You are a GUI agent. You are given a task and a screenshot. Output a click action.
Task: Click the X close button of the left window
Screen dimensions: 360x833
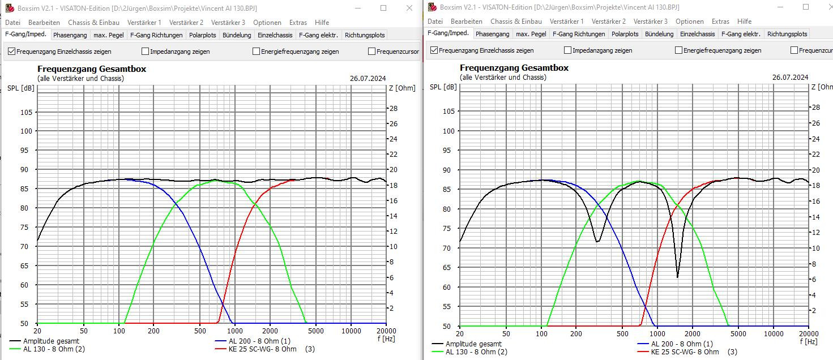pyautogui.click(x=409, y=8)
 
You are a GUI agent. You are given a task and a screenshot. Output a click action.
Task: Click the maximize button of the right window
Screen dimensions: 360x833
pyautogui.click(x=806, y=7)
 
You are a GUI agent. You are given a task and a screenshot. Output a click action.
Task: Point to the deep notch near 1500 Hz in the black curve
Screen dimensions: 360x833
pyautogui.click(x=677, y=276)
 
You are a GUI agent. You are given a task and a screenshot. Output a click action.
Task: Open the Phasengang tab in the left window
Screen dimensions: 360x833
pyautogui.click(x=70, y=35)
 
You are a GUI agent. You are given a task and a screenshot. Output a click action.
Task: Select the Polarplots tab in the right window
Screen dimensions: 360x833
pyautogui.click(x=625, y=34)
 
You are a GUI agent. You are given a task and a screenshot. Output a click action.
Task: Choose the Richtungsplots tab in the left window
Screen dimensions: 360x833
pyautogui.click(x=365, y=35)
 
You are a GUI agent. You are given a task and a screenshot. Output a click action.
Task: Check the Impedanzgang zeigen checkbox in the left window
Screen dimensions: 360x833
pyautogui.click(x=146, y=52)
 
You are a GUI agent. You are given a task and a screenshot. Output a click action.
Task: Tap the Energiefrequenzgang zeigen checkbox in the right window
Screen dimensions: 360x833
pyautogui.click(x=678, y=50)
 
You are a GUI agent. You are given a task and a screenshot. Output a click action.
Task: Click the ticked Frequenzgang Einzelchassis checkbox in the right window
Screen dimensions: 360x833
pyautogui.click(x=434, y=50)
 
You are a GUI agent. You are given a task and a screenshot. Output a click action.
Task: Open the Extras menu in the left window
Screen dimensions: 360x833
pyautogui.click(x=298, y=23)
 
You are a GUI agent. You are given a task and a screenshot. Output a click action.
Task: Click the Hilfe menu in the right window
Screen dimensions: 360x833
pyautogui.click(x=745, y=22)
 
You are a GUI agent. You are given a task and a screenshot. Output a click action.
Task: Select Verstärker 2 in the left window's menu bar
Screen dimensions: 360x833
pyautogui.click(x=186, y=23)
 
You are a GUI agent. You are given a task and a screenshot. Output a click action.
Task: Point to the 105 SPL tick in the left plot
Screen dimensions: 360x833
pyautogui.click(x=27, y=112)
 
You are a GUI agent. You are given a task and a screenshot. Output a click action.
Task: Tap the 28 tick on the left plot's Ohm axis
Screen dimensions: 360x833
pyautogui.click(x=393, y=108)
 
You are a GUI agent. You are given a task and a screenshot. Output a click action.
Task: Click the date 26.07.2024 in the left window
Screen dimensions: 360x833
pyautogui.click(x=368, y=78)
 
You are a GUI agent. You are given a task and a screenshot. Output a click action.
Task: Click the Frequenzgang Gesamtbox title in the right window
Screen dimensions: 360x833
pyautogui.click(x=514, y=68)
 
